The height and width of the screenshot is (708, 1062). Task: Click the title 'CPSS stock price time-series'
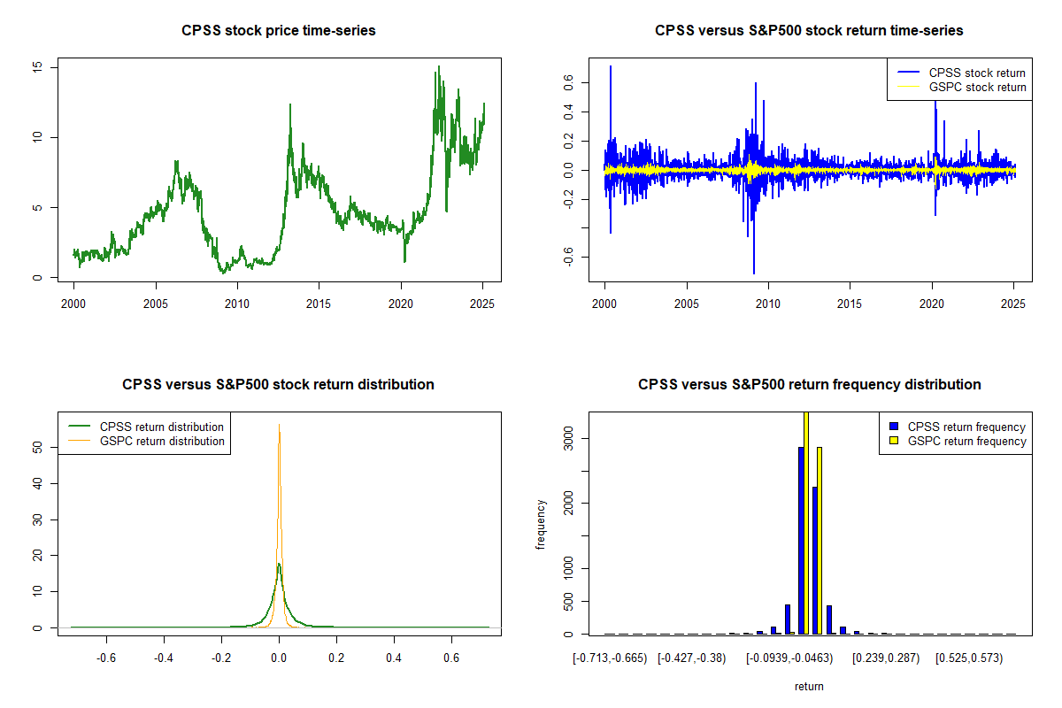279,31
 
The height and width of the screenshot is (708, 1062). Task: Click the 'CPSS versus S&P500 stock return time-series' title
809,31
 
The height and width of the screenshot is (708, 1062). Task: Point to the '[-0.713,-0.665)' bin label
610,658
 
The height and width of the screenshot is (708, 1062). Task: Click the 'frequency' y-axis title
542,524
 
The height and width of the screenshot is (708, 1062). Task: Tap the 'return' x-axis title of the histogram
809,686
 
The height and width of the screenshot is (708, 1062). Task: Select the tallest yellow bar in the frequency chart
805,523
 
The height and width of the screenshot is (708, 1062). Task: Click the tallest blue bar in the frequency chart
801,540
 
